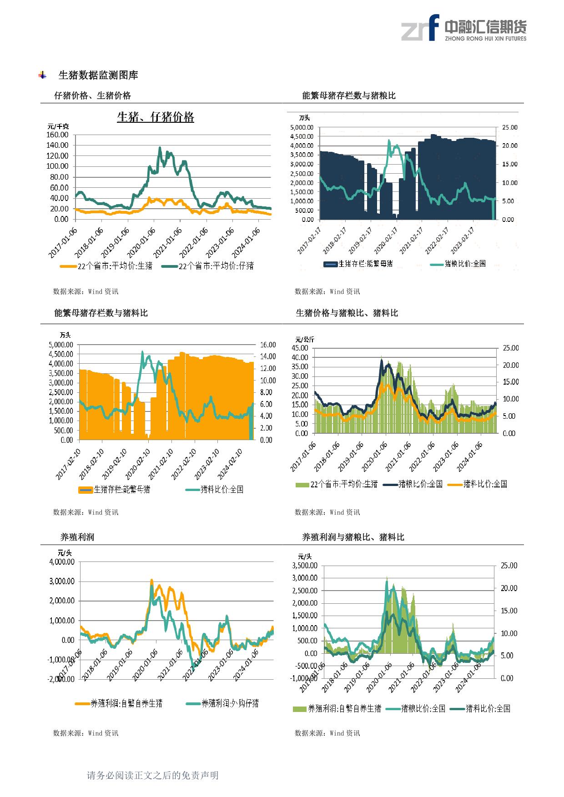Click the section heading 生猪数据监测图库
(98, 75)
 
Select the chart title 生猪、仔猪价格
(156, 117)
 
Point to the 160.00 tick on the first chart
(58, 135)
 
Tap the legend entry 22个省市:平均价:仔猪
(216, 266)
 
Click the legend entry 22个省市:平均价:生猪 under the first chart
(115, 266)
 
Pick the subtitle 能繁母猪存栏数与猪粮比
(349, 95)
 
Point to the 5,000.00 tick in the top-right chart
(302, 128)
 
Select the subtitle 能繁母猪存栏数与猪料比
(101, 313)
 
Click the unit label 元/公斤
(304, 340)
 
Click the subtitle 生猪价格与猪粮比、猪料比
(347, 313)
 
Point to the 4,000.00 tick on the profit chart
(61, 562)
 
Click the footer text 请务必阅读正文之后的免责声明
(153, 775)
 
